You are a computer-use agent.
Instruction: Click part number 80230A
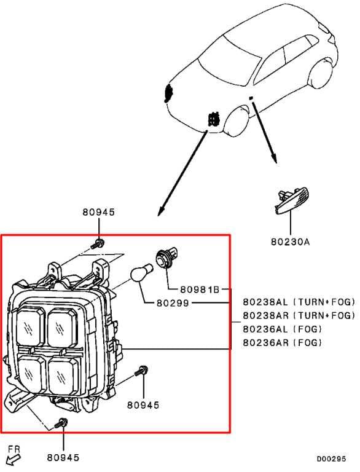click(x=290, y=242)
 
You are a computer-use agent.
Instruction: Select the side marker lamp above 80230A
click(x=292, y=200)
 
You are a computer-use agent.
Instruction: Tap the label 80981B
click(x=200, y=289)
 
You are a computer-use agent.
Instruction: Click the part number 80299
click(x=173, y=303)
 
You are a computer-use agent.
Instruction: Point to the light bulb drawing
click(x=141, y=273)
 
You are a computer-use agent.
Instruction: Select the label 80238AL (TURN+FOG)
click(x=299, y=302)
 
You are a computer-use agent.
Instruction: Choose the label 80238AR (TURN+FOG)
click(x=299, y=315)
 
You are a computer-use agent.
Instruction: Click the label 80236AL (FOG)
click(x=283, y=329)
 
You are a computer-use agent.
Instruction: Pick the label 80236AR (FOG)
click(x=283, y=342)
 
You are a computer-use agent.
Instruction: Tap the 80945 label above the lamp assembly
click(x=99, y=212)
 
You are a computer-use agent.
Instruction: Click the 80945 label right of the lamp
click(x=143, y=405)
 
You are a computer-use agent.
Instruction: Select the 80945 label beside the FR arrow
click(x=63, y=457)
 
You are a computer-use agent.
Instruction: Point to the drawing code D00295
click(x=331, y=458)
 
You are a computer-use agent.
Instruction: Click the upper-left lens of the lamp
click(x=31, y=326)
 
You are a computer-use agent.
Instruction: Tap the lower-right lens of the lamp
click(x=63, y=376)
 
